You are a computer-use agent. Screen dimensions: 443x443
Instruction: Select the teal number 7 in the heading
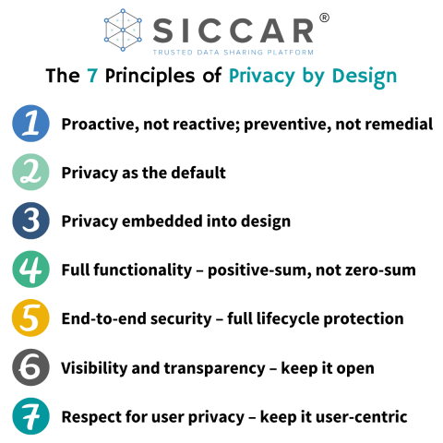(x=92, y=76)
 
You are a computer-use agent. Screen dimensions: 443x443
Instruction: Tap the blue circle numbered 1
(x=31, y=124)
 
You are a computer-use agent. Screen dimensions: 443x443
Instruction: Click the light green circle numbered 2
(x=31, y=173)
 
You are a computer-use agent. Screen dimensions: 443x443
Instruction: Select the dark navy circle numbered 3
(x=31, y=221)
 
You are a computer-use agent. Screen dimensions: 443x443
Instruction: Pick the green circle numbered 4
(x=31, y=270)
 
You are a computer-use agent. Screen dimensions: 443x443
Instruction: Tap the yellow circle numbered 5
(x=31, y=319)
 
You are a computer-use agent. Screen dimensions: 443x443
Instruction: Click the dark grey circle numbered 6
(x=31, y=368)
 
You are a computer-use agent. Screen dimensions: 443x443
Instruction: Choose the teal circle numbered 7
(x=31, y=417)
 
